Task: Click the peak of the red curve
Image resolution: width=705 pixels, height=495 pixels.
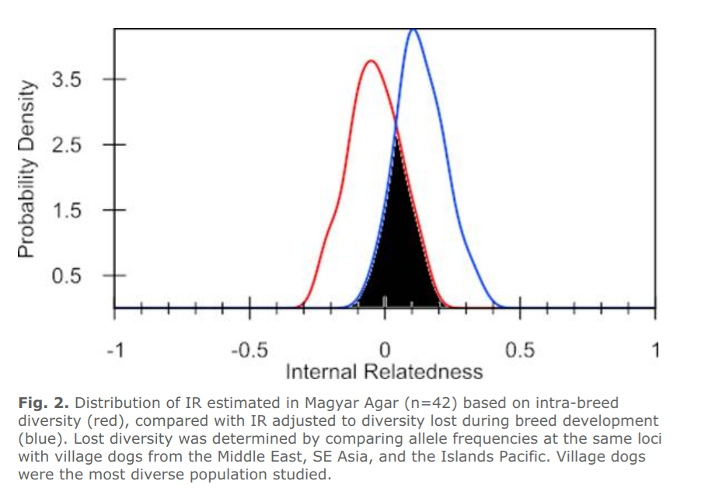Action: (371, 61)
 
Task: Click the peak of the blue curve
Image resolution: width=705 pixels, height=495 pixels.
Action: (414, 30)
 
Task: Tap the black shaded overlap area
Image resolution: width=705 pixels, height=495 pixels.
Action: (398, 252)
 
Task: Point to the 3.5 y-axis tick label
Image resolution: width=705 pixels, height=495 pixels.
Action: (67, 80)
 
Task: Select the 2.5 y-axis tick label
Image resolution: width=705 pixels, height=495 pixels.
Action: (67, 145)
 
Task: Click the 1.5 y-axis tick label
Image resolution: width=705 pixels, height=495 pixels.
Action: (67, 211)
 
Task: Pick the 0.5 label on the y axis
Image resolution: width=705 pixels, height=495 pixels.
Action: (67, 275)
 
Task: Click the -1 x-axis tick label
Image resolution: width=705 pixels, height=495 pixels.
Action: (115, 350)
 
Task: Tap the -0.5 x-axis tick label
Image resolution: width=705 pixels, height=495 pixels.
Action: (250, 350)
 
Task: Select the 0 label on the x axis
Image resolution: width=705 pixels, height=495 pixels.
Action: (385, 350)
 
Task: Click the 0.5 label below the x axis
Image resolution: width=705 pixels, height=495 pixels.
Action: (520, 350)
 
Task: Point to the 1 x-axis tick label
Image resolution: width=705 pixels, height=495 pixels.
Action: (655, 350)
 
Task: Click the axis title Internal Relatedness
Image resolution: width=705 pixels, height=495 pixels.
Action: (385, 372)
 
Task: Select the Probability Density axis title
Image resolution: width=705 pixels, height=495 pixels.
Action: (26, 169)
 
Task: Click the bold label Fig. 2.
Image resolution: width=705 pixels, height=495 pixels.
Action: (44, 403)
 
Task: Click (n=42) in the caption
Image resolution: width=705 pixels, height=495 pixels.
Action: (431, 403)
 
